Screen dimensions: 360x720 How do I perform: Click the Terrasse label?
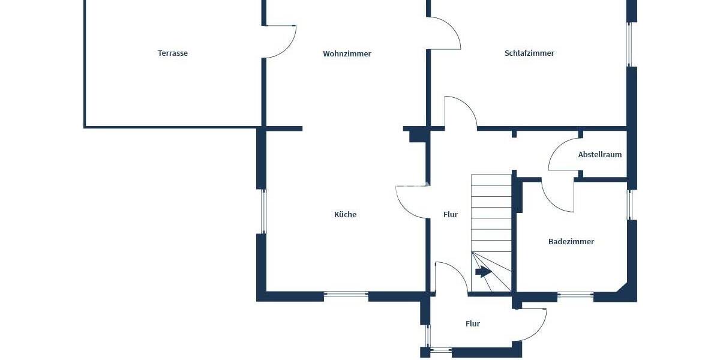pyautogui.click(x=173, y=53)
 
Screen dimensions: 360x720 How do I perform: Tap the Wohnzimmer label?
pyautogui.click(x=347, y=54)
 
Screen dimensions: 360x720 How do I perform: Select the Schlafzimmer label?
pyautogui.click(x=529, y=53)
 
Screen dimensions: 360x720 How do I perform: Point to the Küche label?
pyautogui.click(x=345, y=215)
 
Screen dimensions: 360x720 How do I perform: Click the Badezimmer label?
pyautogui.click(x=571, y=242)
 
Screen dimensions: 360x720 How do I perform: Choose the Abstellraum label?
pyautogui.click(x=599, y=155)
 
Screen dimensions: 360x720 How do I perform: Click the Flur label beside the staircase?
pyautogui.click(x=450, y=215)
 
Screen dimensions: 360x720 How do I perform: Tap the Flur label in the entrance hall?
pyautogui.click(x=473, y=324)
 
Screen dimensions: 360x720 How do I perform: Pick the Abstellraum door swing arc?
pyautogui.click(x=561, y=155)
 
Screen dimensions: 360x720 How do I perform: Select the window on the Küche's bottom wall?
pyautogui.click(x=346, y=295)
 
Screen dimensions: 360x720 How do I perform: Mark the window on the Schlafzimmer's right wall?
pyautogui.click(x=630, y=44)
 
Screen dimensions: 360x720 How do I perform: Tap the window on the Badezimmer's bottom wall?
pyautogui.click(x=575, y=295)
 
